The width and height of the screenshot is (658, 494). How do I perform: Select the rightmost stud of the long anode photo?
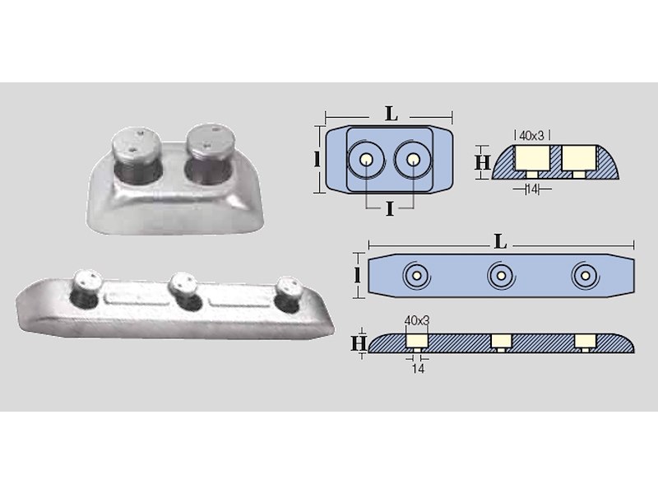[x=290, y=289]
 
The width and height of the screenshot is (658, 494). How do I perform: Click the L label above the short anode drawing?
[x=392, y=114]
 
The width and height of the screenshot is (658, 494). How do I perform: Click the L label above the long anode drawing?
[x=501, y=242]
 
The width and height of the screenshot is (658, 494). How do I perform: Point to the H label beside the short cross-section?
[x=483, y=162]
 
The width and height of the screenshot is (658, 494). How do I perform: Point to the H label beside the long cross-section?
[x=359, y=343]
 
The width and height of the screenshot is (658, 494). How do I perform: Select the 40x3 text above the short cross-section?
[x=531, y=136]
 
